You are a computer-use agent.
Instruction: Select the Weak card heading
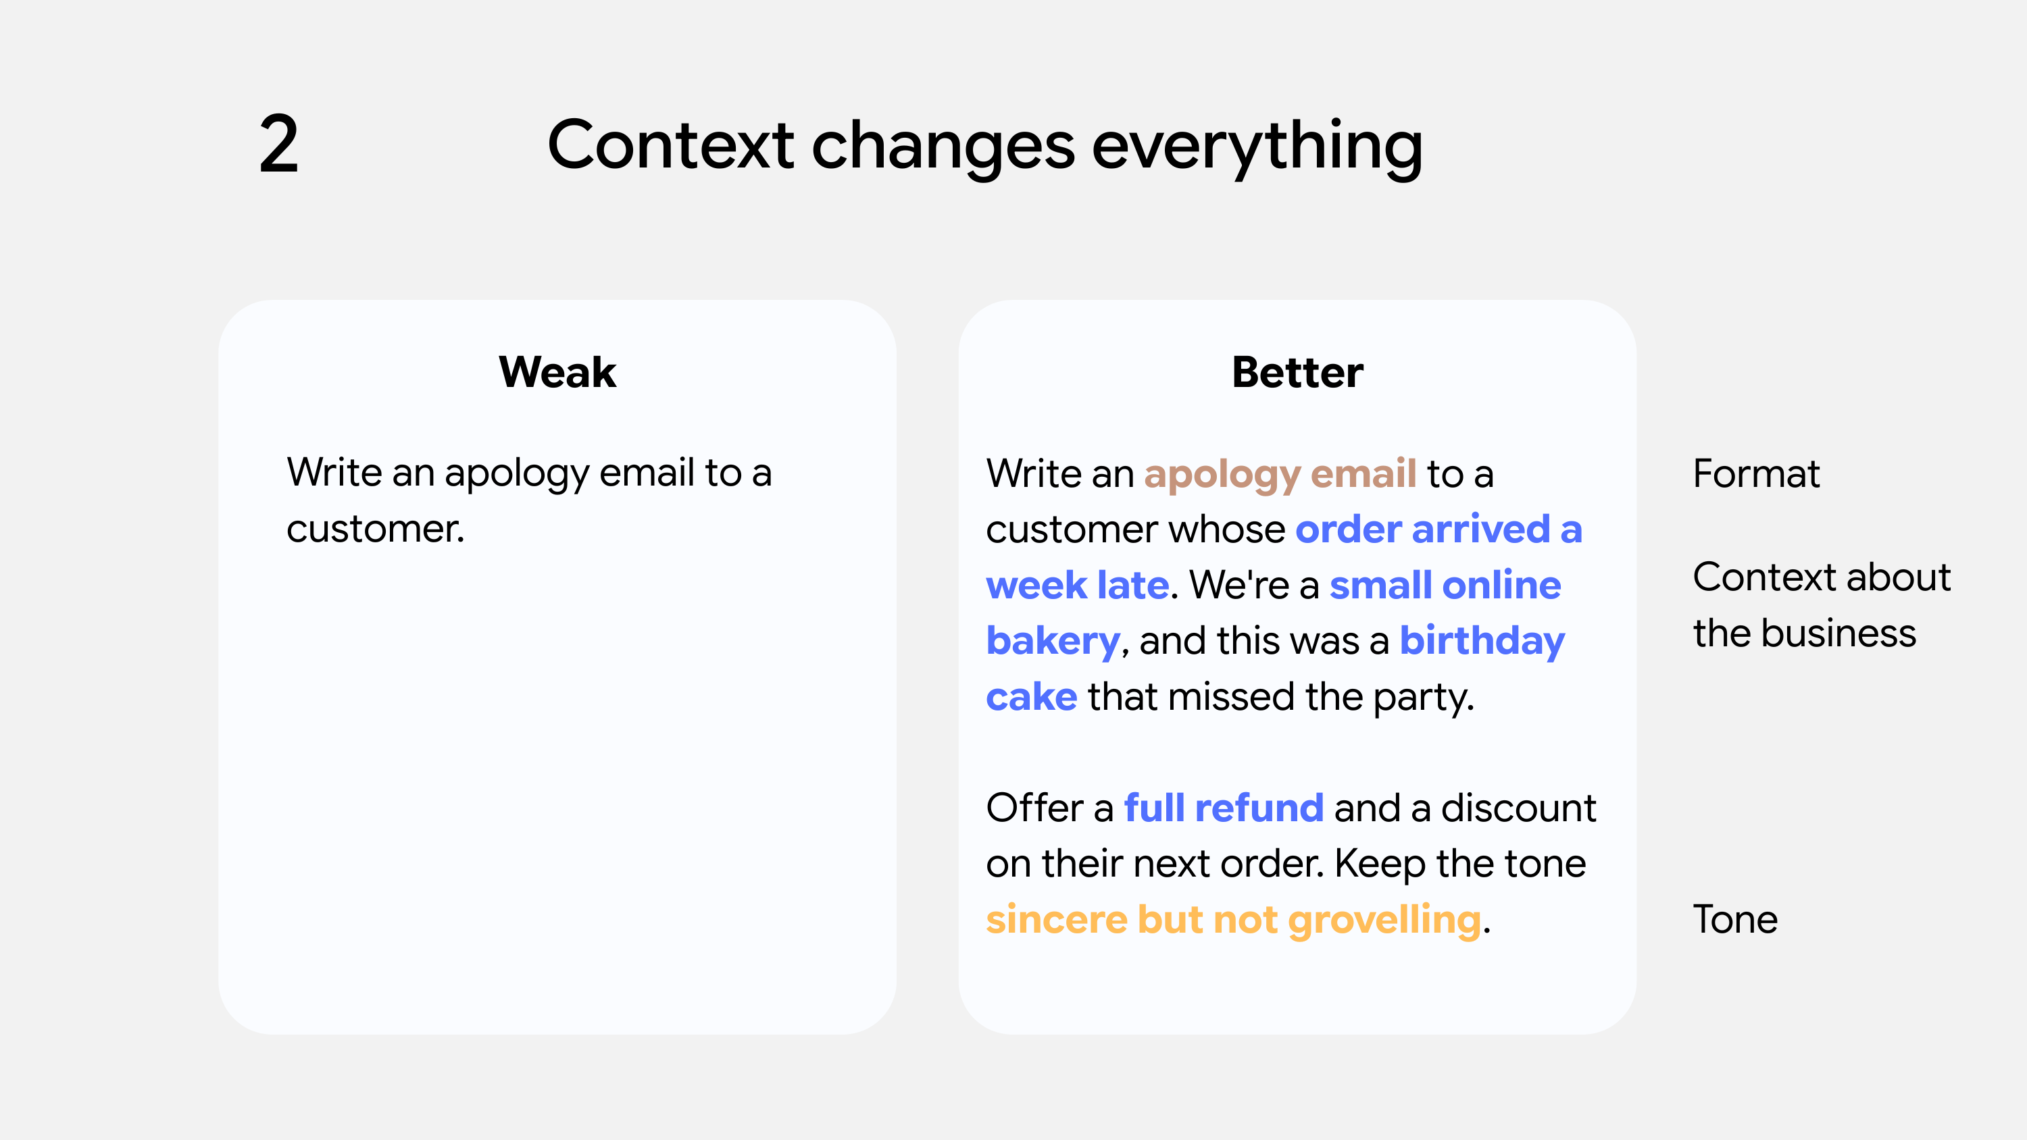tap(557, 372)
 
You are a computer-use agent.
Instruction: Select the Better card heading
tap(1297, 372)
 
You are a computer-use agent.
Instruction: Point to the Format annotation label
tap(1755, 473)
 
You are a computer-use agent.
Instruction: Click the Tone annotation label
tap(1735, 919)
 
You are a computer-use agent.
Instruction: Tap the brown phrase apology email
tap(1280, 474)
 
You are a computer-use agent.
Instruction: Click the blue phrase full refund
tap(1224, 808)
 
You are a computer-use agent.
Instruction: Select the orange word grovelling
tap(1384, 921)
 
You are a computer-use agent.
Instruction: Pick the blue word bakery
tap(1052, 641)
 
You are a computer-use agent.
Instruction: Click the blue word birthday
tap(1482, 641)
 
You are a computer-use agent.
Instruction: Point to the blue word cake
tap(1031, 697)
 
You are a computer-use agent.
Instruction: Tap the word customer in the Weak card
tap(374, 529)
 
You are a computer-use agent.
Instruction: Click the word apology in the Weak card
tap(516, 473)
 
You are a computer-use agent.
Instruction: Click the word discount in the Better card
tap(1518, 808)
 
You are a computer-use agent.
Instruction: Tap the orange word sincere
tap(1056, 920)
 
